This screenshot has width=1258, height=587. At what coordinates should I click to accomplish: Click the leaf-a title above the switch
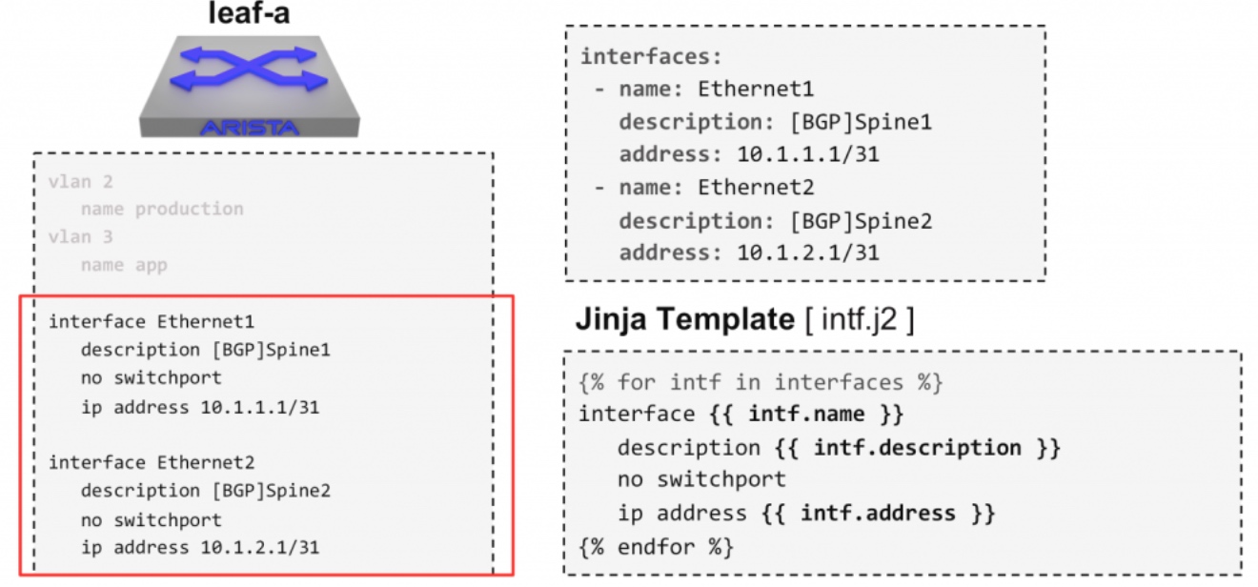pos(249,12)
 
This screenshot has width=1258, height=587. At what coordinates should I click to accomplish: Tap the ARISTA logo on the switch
pos(250,128)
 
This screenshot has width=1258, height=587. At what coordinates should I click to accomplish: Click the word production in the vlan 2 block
pos(190,210)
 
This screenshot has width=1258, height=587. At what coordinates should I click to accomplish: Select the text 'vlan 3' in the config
pos(80,237)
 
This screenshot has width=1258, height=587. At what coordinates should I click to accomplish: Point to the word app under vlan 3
pos(152,266)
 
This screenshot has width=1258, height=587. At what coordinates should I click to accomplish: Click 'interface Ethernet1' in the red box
pos(152,322)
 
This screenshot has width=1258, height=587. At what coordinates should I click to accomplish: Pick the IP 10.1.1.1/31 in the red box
pos(260,407)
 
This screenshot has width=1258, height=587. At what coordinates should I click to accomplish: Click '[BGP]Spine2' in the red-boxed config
pos(272,491)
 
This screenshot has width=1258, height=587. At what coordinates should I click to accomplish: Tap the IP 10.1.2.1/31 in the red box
pos(260,547)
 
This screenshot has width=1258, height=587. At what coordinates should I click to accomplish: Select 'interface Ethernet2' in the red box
pos(152,463)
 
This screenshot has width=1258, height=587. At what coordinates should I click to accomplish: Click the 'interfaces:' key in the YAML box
pos(651,57)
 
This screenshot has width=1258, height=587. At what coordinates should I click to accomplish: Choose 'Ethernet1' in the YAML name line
pos(756,89)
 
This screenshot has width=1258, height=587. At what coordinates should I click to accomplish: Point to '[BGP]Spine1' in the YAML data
pos(861,122)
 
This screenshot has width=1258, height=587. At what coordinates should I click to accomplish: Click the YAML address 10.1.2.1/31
pos(808,253)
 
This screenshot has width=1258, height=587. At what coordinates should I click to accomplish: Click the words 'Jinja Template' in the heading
pos(685,319)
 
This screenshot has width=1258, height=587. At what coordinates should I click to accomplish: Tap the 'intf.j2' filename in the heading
pos(859,319)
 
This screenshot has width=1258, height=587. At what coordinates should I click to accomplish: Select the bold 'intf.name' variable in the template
pos(806,414)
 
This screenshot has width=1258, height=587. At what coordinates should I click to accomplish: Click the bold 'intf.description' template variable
pos(918,448)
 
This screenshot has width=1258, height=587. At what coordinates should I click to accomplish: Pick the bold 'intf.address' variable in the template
pos(878,513)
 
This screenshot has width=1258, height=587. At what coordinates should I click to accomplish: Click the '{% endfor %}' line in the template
pos(656,547)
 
